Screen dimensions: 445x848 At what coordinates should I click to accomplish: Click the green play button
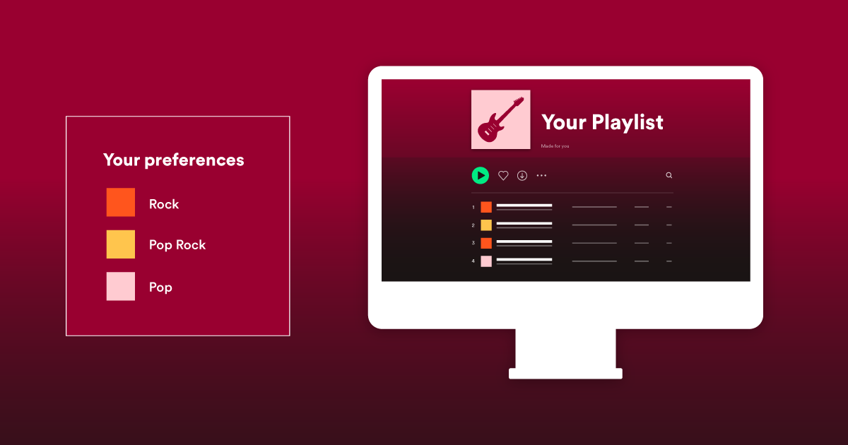click(481, 175)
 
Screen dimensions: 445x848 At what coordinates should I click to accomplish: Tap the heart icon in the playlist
click(503, 176)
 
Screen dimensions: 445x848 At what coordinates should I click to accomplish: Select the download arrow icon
click(522, 176)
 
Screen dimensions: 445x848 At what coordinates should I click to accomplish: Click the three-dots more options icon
click(541, 176)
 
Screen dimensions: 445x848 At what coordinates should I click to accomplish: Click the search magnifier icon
click(669, 175)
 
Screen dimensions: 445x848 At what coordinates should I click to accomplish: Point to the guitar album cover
click(501, 119)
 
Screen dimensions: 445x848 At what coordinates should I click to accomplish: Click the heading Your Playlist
click(602, 122)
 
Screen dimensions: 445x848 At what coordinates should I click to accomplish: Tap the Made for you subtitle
click(555, 146)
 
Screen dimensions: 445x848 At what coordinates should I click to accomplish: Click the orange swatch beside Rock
click(121, 202)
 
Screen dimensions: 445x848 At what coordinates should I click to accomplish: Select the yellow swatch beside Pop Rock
click(121, 244)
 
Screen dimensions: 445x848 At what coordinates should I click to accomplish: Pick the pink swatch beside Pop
click(121, 287)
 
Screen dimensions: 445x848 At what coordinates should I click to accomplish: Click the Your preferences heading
click(174, 160)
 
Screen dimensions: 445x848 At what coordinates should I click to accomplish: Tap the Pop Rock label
click(177, 245)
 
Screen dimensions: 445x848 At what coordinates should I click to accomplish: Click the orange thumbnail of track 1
click(486, 207)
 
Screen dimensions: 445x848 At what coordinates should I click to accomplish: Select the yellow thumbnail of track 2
click(486, 225)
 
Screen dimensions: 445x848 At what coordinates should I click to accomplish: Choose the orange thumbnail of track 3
click(486, 243)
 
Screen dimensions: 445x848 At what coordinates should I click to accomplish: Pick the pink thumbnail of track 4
click(486, 261)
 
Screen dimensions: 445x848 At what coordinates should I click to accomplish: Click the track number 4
click(473, 261)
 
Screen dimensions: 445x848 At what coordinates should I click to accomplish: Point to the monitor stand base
click(565, 374)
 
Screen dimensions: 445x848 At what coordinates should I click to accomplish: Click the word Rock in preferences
click(164, 204)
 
